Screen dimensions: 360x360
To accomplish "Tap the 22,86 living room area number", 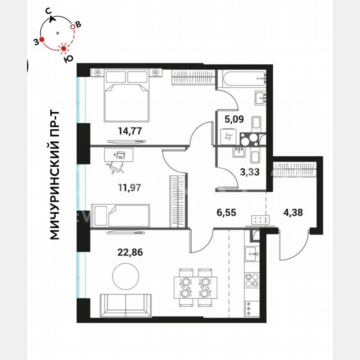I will [130, 251].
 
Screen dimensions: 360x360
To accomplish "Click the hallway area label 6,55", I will [226, 212].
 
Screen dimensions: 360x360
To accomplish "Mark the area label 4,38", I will [293, 212].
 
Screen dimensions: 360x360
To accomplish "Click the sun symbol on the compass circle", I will [64, 49].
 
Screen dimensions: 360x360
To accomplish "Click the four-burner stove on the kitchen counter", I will [251, 280].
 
